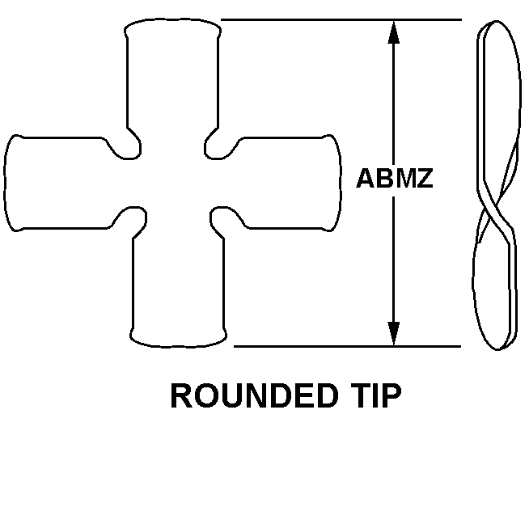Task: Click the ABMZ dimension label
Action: coord(395,178)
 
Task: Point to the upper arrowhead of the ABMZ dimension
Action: coord(393,32)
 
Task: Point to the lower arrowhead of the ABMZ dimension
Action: coord(393,333)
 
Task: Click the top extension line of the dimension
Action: coord(341,20)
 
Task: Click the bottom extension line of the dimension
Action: coord(347,346)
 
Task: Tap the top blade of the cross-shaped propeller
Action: coord(173,74)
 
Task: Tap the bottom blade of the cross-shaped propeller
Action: coord(179,290)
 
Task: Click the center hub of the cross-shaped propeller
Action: coord(176,183)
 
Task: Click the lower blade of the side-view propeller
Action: coord(494,287)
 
